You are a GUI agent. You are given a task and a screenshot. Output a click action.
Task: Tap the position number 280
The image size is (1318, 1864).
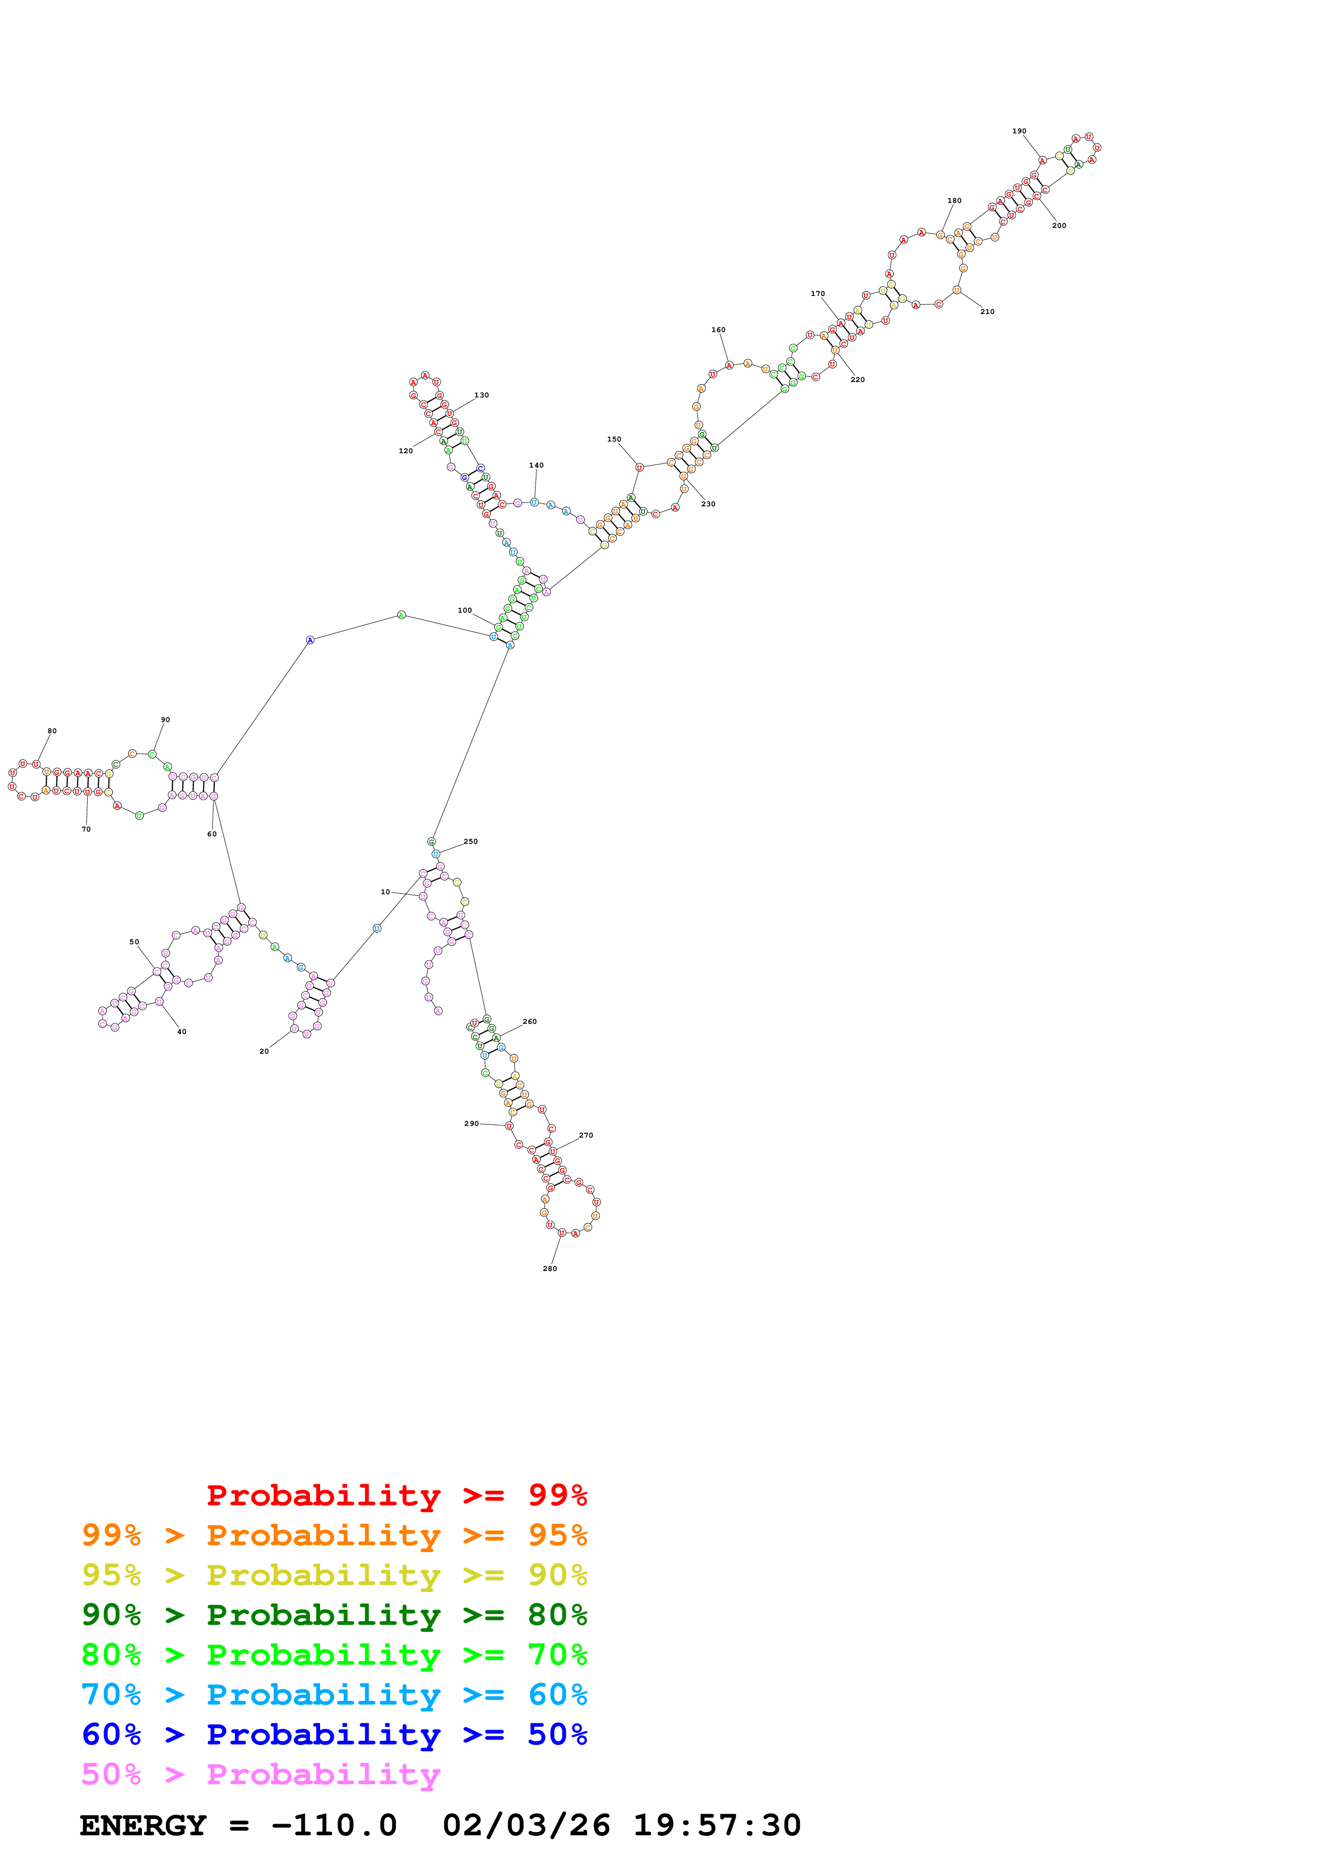click(550, 1268)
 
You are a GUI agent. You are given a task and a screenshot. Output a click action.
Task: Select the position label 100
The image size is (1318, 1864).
click(465, 611)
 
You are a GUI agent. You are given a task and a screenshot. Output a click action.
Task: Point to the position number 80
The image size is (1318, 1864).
click(52, 731)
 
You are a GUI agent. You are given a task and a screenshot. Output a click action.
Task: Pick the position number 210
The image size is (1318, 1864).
click(987, 312)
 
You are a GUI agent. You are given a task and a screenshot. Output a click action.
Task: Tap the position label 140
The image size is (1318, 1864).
click(536, 465)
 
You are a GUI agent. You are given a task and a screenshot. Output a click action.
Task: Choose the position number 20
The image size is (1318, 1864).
click(264, 1052)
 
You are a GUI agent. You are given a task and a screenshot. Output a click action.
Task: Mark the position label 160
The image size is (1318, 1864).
click(718, 329)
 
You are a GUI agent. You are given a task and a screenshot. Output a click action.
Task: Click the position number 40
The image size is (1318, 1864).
click(182, 1032)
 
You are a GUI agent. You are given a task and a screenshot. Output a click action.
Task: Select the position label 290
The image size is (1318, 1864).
click(471, 1124)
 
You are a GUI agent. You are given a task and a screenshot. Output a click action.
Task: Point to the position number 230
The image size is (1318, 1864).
click(708, 504)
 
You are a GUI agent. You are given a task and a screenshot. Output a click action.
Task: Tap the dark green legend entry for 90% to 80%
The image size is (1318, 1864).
click(334, 1615)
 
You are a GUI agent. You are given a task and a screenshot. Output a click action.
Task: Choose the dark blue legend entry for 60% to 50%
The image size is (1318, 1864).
click(334, 1734)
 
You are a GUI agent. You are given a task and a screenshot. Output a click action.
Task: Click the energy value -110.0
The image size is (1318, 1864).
click(334, 1826)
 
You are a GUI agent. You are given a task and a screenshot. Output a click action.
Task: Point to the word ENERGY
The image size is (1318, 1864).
click(143, 1826)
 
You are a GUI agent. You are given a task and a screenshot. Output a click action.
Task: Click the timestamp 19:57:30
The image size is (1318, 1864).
click(717, 1826)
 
